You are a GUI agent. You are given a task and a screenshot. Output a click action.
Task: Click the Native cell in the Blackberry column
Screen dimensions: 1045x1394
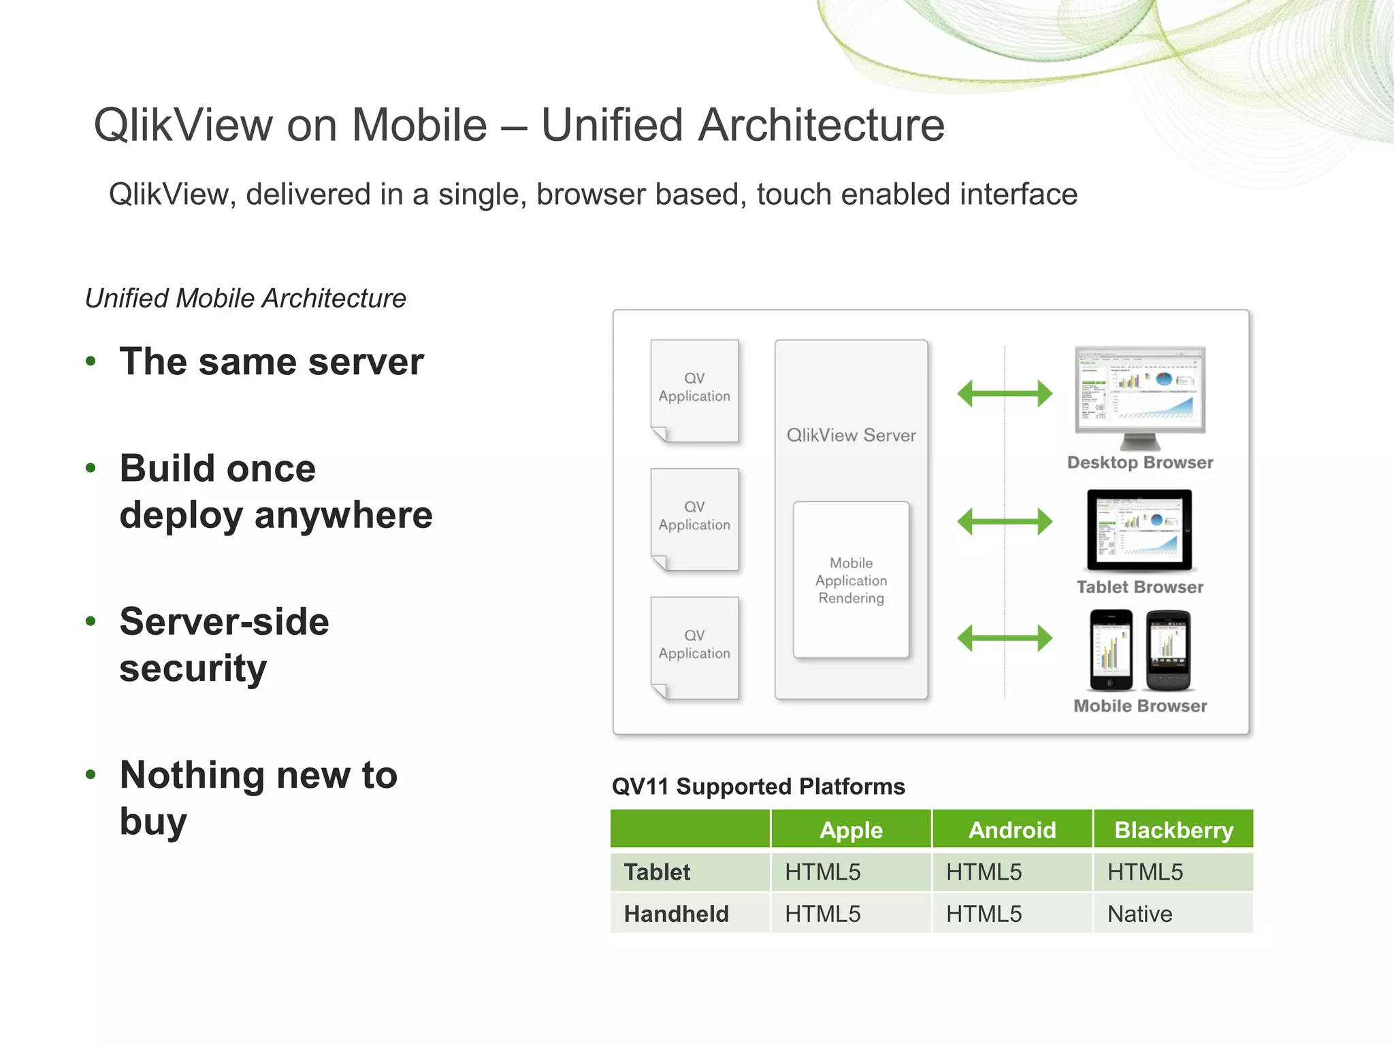click(x=1139, y=914)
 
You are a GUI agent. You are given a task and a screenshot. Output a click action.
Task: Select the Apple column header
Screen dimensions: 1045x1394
click(x=851, y=830)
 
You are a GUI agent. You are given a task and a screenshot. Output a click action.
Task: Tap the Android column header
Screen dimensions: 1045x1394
click(x=1012, y=830)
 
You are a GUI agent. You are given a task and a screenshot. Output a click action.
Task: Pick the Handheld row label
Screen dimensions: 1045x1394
click(x=676, y=914)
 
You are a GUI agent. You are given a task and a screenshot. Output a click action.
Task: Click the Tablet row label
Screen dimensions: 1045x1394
click(x=657, y=872)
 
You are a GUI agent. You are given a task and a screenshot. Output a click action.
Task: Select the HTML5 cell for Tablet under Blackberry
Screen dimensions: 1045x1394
click(x=1145, y=872)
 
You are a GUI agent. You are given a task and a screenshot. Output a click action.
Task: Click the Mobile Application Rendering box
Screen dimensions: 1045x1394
click(x=851, y=580)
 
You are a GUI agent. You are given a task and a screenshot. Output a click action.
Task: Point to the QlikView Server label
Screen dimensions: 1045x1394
click(x=851, y=435)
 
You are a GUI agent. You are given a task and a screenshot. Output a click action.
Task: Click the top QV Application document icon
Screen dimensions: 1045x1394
click(x=694, y=391)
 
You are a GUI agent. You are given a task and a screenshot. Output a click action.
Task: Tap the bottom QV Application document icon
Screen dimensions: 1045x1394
click(x=694, y=648)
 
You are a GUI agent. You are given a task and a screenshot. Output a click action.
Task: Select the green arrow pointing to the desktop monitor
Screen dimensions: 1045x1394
click(x=1004, y=393)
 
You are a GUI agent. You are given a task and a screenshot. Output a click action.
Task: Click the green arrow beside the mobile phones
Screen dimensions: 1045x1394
click(x=1004, y=638)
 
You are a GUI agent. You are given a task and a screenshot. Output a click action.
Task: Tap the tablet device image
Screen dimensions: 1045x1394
click(x=1139, y=530)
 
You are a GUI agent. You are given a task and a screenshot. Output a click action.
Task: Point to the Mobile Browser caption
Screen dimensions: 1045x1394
click(x=1140, y=706)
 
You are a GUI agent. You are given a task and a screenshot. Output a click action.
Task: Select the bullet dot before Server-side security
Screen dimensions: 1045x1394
click(x=91, y=621)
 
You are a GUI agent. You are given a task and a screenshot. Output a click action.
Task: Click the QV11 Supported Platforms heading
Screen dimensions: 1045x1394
click(x=758, y=786)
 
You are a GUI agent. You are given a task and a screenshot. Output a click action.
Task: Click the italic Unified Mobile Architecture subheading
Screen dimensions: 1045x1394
click(x=246, y=299)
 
